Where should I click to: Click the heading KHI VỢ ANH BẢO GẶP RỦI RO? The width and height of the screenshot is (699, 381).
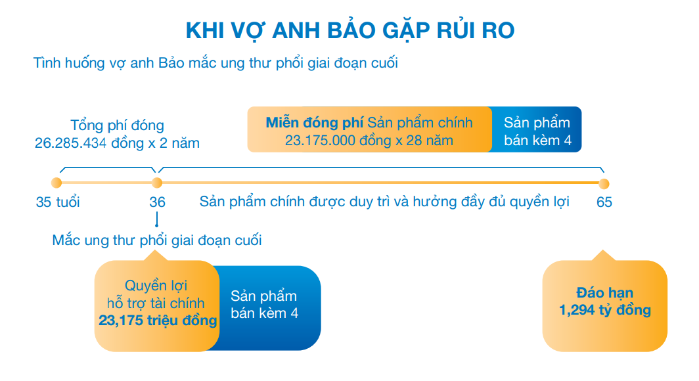[x=349, y=31]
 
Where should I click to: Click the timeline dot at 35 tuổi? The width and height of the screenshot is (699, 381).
[x=56, y=183]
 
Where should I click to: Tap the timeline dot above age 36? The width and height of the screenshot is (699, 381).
[x=157, y=183]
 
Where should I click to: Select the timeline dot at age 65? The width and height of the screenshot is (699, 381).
[x=604, y=183]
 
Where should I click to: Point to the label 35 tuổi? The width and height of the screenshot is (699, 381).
[x=58, y=202]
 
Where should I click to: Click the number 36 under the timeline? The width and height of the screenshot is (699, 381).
[x=157, y=202]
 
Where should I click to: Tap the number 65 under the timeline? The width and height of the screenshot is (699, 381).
[x=604, y=202]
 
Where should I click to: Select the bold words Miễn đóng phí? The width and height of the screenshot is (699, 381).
[x=314, y=123]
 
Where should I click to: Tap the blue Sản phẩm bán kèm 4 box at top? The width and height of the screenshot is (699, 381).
[x=536, y=131]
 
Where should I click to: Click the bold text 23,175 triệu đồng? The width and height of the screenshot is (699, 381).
[x=158, y=321]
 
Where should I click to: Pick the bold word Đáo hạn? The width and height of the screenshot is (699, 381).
[x=604, y=293]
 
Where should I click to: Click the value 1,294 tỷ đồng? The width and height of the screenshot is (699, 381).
[x=604, y=309]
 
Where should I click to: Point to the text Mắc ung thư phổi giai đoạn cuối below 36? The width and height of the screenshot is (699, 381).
[x=157, y=240]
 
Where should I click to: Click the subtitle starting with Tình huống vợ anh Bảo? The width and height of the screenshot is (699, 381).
[x=215, y=64]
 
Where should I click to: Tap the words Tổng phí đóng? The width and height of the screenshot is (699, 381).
[x=117, y=125]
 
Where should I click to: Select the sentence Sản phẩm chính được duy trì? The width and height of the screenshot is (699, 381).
[x=384, y=202]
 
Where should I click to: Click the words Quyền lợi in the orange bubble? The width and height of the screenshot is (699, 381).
[x=156, y=286]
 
